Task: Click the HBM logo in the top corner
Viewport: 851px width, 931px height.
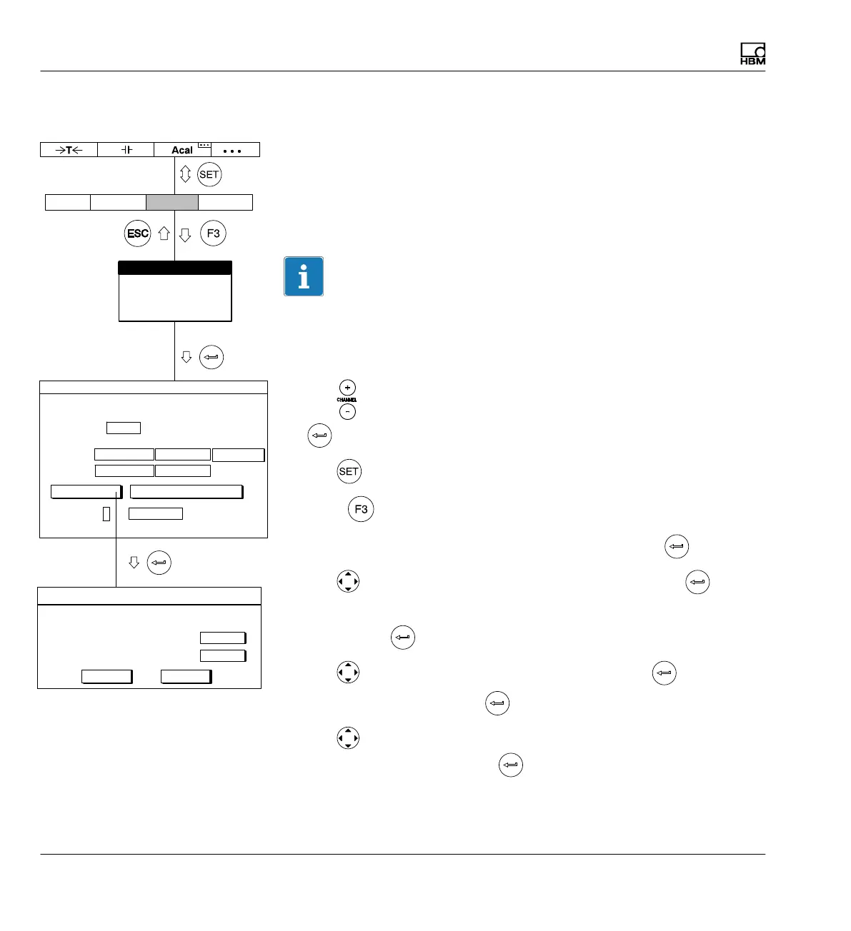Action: [752, 54]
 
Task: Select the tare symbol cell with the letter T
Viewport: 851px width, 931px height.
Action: [69, 150]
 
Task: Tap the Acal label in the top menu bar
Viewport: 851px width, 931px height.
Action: [182, 150]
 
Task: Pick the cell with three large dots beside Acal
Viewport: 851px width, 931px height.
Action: [232, 151]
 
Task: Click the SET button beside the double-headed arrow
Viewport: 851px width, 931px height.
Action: [209, 175]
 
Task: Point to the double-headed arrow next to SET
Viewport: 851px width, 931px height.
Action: [186, 175]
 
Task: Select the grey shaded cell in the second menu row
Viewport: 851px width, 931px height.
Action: [171, 202]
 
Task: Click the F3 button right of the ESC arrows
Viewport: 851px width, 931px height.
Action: [213, 233]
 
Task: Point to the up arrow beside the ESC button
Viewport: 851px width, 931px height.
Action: [164, 233]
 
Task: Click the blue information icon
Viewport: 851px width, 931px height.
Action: [304, 276]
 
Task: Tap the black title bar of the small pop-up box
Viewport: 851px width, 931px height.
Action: [174, 268]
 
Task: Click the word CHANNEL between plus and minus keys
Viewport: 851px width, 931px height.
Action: [347, 400]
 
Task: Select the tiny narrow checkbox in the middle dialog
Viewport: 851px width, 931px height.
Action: [106, 513]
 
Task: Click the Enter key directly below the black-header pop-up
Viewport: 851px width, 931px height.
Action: [211, 357]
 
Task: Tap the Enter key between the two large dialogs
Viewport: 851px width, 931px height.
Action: [159, 563]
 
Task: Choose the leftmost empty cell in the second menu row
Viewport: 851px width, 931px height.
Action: [68, 202]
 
